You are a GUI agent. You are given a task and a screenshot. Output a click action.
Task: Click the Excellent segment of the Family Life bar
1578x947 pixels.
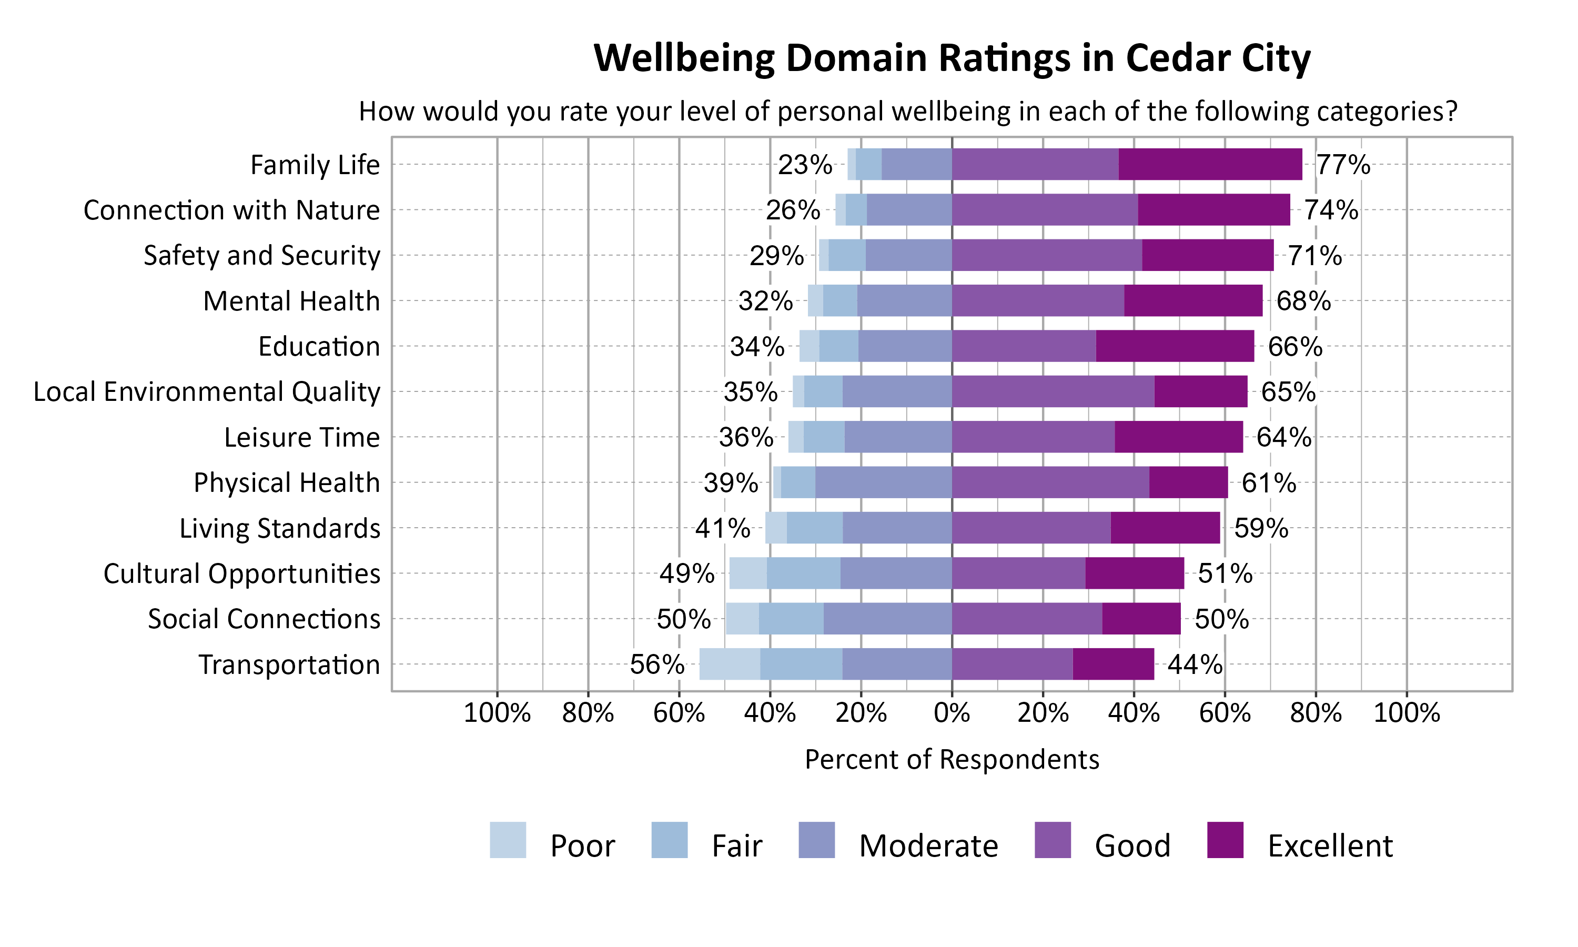1210,164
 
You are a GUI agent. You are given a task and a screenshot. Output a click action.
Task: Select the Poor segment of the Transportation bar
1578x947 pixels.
729,663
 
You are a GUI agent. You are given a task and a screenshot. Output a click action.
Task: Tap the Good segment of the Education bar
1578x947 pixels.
1024,346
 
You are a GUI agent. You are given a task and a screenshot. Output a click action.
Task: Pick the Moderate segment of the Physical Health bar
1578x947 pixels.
883,482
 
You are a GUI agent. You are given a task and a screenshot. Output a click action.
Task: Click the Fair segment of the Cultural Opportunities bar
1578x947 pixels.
803,573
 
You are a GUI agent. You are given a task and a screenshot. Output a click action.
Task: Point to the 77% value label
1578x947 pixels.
1343,165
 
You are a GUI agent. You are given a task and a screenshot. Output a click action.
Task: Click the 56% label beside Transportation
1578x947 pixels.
656,664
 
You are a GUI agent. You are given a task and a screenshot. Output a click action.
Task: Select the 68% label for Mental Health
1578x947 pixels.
1303,300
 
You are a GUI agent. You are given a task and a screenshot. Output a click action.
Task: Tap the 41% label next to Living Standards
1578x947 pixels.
722,528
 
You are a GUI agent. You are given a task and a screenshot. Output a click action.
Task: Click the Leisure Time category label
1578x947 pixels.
302,437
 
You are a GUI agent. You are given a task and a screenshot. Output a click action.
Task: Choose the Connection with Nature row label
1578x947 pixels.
231,210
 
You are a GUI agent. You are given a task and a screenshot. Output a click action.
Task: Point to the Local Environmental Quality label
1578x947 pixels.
207,391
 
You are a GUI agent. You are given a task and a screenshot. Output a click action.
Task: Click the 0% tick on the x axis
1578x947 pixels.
952,713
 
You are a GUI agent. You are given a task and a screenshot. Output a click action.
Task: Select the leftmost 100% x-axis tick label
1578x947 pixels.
497,713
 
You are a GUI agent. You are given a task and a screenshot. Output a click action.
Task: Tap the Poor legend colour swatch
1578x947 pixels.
508,840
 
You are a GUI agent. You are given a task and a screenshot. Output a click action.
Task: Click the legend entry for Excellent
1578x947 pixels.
1329,845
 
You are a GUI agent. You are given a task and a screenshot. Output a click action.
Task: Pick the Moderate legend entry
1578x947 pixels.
927,845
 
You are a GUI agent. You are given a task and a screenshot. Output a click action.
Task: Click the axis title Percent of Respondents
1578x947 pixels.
952,759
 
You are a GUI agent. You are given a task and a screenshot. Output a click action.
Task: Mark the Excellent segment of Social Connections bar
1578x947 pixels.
1141,618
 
